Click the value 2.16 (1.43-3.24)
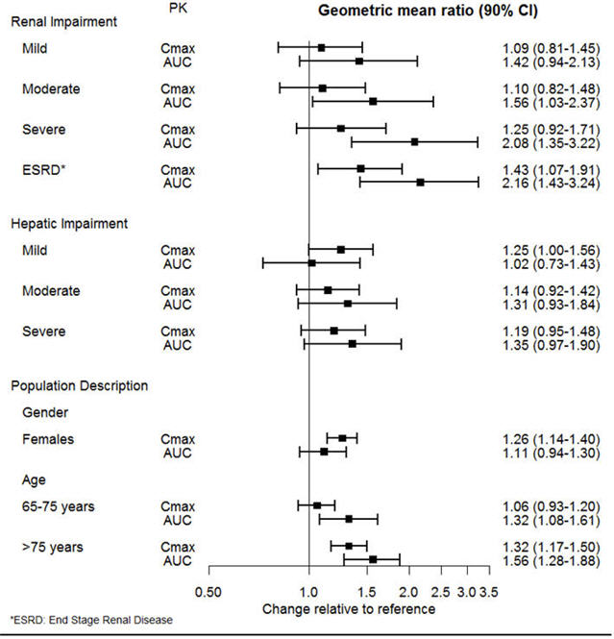click(550, 183)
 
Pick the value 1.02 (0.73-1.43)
click(550, 262)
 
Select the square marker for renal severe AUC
click(414, 141)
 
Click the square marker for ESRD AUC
click(420, 182)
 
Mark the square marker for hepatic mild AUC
click(311, 262)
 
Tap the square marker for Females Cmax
click(342, 438)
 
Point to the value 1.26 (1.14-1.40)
click(550, 439)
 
